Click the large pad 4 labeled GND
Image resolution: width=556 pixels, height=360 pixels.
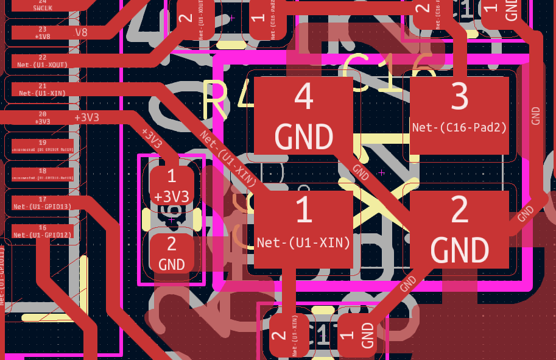point(303,116)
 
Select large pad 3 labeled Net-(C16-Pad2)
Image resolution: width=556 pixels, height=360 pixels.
point(459,115)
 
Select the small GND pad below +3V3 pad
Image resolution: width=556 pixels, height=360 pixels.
point(171,253)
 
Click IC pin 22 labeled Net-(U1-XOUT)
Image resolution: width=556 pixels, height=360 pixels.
point(42,60)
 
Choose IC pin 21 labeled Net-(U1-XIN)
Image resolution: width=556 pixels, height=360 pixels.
point(42,90)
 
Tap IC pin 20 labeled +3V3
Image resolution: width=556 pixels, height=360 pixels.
point(42,118)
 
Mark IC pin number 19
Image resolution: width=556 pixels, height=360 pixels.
point(42,146)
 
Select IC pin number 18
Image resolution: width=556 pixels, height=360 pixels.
point(42,175)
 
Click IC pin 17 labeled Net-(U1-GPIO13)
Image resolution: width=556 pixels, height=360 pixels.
point(42,203)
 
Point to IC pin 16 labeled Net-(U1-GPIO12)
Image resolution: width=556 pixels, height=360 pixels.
point(42,231)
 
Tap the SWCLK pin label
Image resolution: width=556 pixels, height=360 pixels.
point(42,7)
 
